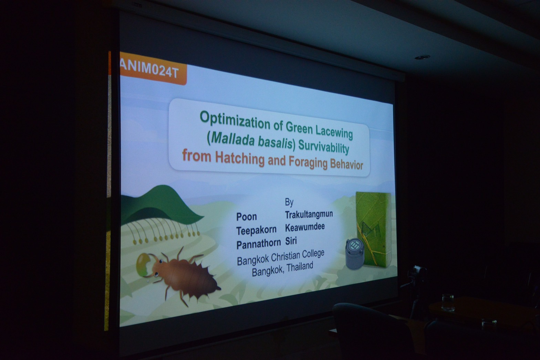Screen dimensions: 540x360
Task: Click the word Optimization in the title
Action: point(235,120)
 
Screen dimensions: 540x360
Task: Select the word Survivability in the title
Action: point(324,147)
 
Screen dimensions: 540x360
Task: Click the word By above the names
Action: point(289,202)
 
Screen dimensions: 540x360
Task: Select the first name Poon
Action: point(246,217)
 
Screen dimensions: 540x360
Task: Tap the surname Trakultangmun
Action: point(309,214)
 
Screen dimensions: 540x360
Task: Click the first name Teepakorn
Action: point(256,231)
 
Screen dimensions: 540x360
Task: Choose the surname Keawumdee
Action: point(305,227)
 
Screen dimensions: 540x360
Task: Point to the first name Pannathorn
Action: point(258,244)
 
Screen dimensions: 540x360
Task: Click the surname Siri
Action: point(291,241)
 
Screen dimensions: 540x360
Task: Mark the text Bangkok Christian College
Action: point(281,257)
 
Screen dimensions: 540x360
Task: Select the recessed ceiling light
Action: point(422,57)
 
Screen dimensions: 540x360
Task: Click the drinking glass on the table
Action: point(448,303)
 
